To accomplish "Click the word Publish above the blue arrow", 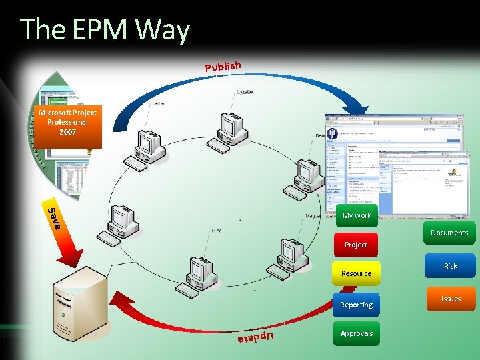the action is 223,65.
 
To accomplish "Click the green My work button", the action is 357,215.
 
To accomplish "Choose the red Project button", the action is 355,245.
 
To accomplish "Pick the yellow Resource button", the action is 356,273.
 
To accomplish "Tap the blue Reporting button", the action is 356,305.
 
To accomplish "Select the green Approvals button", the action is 356,333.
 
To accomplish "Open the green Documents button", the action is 449,233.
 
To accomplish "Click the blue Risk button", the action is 451,266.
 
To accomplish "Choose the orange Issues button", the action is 451,299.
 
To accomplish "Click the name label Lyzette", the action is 244,91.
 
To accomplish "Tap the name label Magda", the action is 313,216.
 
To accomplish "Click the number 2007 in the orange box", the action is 67,132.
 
